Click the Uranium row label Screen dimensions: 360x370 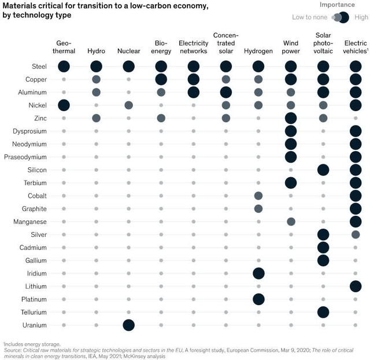35,325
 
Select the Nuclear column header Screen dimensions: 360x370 128,51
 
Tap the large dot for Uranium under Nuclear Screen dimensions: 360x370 128,325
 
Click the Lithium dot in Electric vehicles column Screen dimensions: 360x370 356,286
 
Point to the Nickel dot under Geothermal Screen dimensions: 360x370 64,105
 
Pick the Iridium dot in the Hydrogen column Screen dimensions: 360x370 258,273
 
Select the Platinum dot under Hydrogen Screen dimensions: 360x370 258,299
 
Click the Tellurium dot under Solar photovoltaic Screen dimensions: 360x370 323,312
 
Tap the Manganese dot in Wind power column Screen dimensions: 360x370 291,222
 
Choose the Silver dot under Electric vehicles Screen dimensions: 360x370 356,234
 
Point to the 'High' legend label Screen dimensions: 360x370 361,17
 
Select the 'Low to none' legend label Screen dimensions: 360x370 310,17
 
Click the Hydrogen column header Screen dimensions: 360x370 258,51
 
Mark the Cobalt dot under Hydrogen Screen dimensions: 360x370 258,196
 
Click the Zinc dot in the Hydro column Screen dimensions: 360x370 96,118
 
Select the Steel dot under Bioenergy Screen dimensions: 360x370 161,66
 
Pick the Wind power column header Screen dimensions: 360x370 291,47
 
